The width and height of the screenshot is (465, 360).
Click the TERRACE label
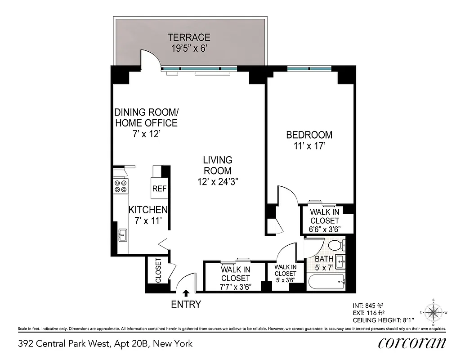point(189,37)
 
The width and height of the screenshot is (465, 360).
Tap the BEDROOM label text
point(309,135)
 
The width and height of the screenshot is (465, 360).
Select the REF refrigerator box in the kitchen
point(159,189)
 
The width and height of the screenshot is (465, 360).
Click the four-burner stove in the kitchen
point(121,186)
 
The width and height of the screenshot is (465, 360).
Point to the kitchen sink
point(122,235)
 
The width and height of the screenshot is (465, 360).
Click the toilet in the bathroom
point(335,246)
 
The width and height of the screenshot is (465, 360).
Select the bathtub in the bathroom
point(326,282)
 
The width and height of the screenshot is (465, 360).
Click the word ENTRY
point(186,305)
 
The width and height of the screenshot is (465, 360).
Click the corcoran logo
point(412,343)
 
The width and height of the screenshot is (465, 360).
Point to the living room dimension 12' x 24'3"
point(218,181)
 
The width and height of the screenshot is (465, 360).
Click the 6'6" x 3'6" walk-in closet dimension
point(325,229)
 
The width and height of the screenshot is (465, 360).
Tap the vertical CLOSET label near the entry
point(158,270)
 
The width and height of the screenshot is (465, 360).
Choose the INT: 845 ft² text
point(368,305)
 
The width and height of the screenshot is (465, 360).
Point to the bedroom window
point(309,69)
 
